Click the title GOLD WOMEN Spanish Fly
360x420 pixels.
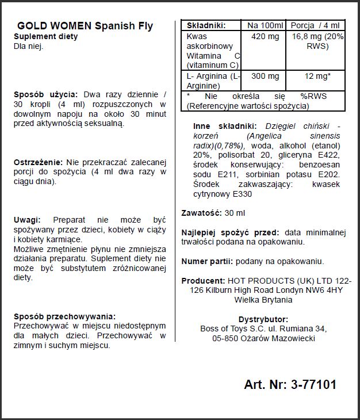click(x=85, y=26)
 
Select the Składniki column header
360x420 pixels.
click(x=203, y=25)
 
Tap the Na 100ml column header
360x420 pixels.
click(x=265, y=25)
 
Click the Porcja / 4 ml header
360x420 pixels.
click(x=316, y=25)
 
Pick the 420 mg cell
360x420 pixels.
click(x=265, y=36)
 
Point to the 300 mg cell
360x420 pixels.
click(x=265, y=77)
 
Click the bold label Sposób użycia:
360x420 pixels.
click(x=47, y=94)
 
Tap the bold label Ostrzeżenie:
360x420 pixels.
click(x=39, y=162)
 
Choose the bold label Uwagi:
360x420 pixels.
click(x=27, y=220)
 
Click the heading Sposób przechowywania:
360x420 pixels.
click(x=64, y=316)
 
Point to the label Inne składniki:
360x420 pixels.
click(x=222, y=126)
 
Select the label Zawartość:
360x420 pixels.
click(x=201, y=213)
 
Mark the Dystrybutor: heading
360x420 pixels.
click(x=263, y=319)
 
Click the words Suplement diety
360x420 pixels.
click(x=45, y=37)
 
